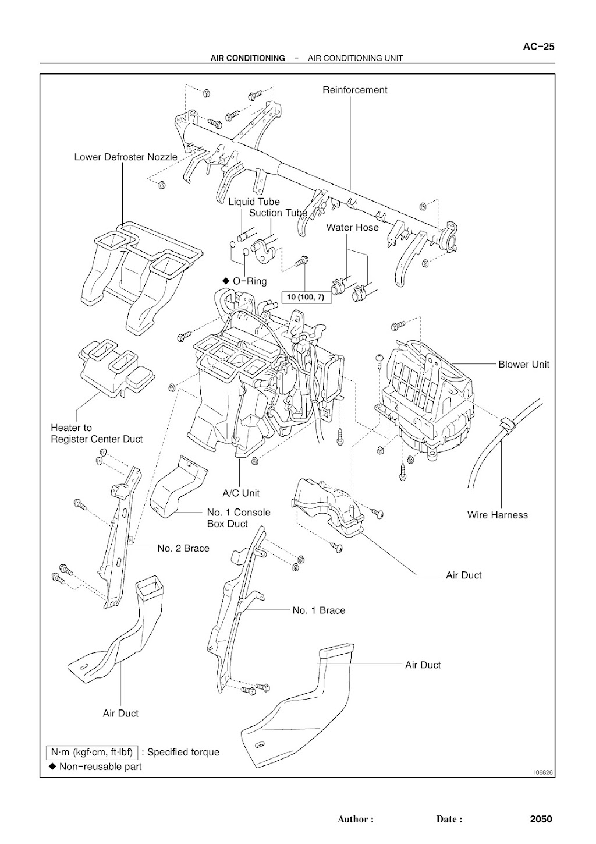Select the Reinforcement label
(354, 90)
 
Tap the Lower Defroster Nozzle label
(126, 157)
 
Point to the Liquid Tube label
(254, 202)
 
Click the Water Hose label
(352, 227)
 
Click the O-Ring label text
(250, 281)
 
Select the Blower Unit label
(523, 364)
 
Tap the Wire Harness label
(497, 515)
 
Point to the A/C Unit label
(241, 493)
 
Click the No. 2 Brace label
(183, 548)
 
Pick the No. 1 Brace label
(319, 610)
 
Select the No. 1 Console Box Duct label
(239, 518)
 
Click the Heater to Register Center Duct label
(97, 433)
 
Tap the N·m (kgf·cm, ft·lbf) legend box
(92, 752)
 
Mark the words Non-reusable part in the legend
(100, 767)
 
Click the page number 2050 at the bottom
(541, 819)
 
